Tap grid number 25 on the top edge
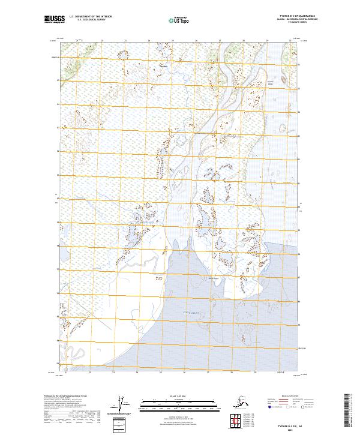[x=172, y=41]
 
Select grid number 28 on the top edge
[x=244, y=41]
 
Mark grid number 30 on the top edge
[x=291, y=41]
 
